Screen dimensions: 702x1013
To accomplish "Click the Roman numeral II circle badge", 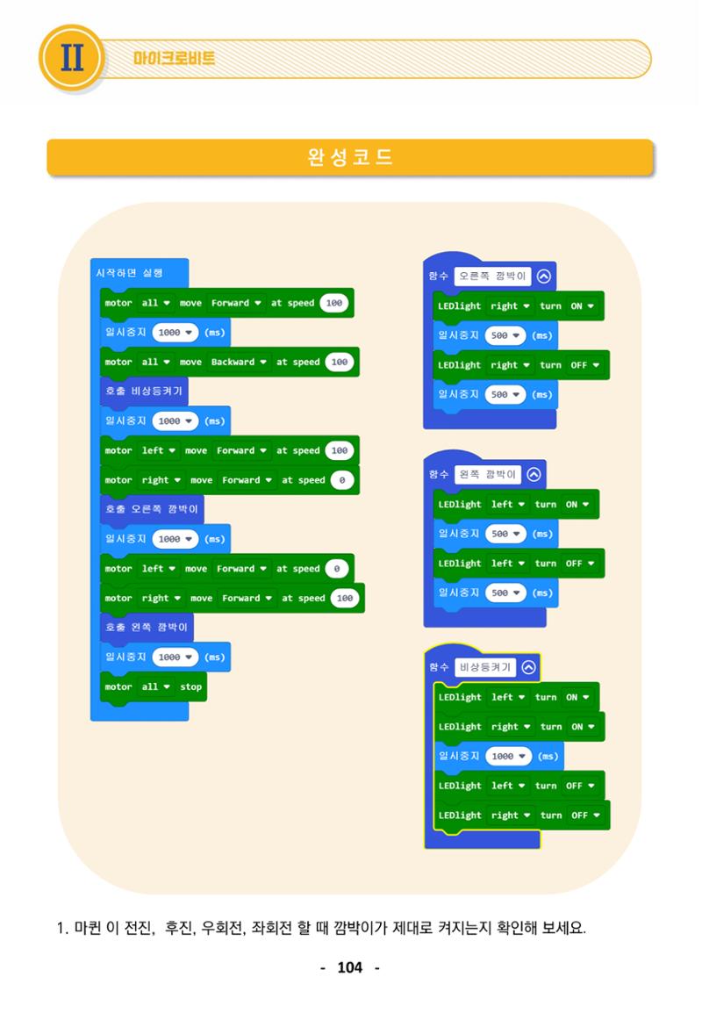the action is pyautogui.click(x=72, y=58).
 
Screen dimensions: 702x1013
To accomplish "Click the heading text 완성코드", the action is pyautogui.click(x=350, y=157).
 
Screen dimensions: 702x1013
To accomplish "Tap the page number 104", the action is pyautogui.click(x=349, y=967).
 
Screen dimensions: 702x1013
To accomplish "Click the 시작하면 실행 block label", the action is pyautogui.click(x=129, y=273).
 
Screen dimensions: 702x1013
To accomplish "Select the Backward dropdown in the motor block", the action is pyautogui.click(x=239, y=363).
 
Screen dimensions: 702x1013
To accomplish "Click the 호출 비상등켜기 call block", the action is pyautogui.click(x=144, y=392).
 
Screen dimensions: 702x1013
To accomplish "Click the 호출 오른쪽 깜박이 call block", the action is pyautogui.click(x=152, y=510).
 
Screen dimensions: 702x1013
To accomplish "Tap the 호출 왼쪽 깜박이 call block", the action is pyautogui.click(x=147, y=628).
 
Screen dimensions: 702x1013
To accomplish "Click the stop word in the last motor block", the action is pyautogui.click(x=191, y=687).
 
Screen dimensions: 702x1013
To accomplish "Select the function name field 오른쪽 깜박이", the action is pyautogui.click(x=493, y=277).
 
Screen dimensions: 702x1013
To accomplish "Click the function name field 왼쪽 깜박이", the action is pyautogui.click(x=488, y=475).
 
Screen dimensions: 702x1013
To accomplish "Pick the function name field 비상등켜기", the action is pyautogui.click(x=485, y=667).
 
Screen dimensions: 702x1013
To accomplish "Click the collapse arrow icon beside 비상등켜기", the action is pyautogui.click(x=529, y=667).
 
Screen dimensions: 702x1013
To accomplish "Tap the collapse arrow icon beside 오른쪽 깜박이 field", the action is pyautogui.click(x=544, y=277).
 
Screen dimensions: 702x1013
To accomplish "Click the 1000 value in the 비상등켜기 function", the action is pyautogui.click(x=508, y=757).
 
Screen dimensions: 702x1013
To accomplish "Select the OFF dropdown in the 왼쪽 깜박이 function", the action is pyautogui.click(x=578, y=564).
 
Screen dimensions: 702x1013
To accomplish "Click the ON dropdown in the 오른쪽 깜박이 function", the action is pyautogui.click(x=581, y=306).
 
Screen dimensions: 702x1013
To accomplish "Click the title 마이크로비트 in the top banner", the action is pyautogui.click(x=175, y=59).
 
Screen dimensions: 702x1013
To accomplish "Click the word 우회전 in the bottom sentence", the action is pyautogui.click(x=220, y=929).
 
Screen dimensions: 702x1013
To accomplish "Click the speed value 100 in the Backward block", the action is pyautogui.click(x=340, y=363).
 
